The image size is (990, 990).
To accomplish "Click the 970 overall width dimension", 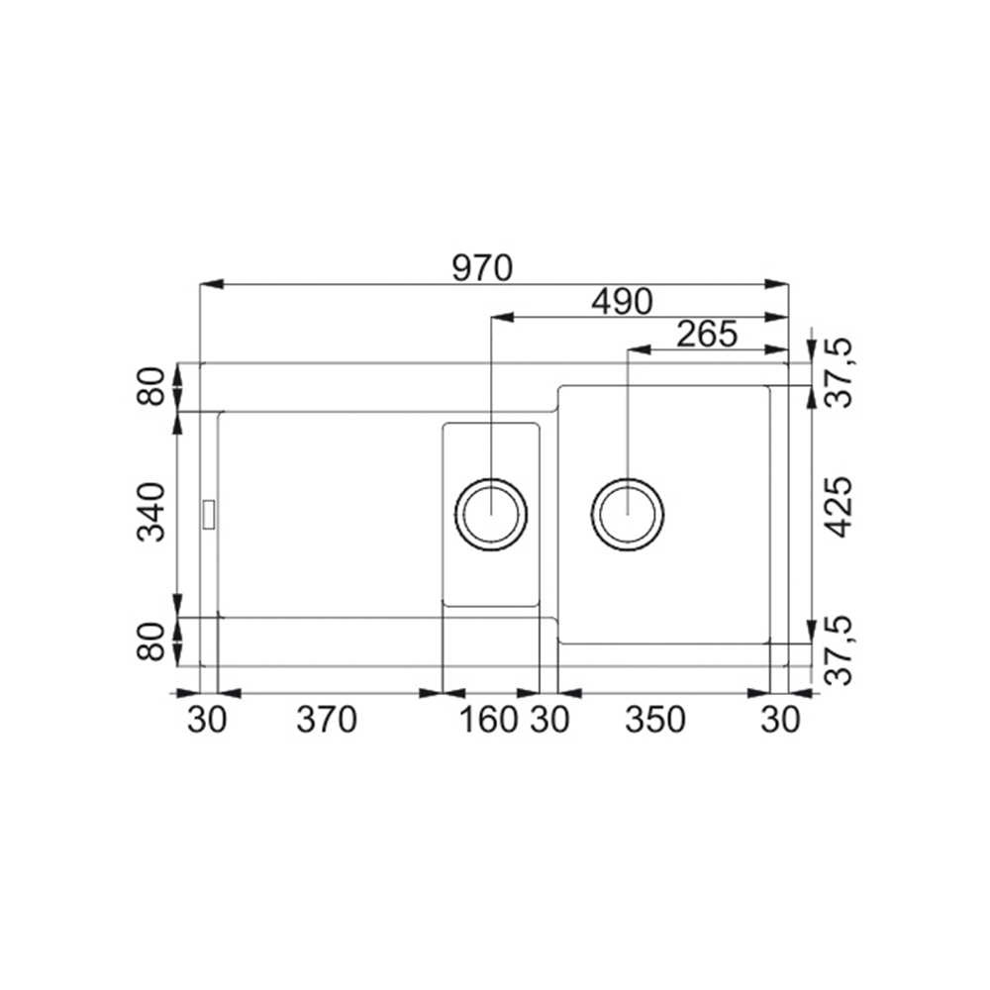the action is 482,269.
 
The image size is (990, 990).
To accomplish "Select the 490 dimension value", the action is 622,302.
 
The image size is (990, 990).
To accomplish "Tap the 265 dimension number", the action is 707,335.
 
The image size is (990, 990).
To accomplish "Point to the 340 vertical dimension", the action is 151,512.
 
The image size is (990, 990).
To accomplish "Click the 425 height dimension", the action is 840,507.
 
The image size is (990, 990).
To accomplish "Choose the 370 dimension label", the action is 327,720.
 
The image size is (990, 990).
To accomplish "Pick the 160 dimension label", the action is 489,720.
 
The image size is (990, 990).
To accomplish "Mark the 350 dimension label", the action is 654,720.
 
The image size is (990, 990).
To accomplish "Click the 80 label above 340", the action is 151,387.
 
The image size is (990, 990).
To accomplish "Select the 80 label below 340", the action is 151,643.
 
